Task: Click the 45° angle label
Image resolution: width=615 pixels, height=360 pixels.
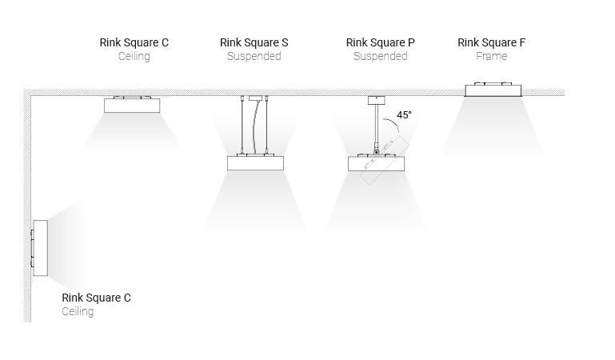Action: (404, 115)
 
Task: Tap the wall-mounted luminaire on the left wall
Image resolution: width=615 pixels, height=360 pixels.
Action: (41, 248)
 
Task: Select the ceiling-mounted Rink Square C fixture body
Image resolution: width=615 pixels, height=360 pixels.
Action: (132, 106)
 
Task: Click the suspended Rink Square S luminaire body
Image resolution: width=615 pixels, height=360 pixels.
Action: (255, 163)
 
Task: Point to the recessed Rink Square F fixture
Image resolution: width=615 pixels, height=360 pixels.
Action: (493, 90)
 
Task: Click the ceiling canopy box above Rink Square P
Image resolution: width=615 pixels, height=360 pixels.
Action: (376, 100)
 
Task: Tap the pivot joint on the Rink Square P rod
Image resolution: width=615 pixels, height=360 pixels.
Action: (376, 152)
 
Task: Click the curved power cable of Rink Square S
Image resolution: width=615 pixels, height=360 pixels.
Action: (256, 127)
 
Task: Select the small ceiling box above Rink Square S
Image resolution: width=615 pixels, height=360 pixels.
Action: (255, 98)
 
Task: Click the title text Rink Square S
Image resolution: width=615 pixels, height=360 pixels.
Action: (254, 42)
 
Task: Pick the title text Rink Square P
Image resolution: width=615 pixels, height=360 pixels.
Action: (380, 42)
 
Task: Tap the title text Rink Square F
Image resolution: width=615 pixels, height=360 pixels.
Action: (492, 42)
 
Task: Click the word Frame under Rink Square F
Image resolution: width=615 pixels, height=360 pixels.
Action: (492, 56)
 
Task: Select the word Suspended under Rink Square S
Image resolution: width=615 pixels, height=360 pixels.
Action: (254, 57)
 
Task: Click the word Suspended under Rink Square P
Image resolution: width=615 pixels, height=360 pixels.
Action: (380, 57)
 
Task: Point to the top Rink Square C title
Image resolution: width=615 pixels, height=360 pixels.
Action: (134, 42)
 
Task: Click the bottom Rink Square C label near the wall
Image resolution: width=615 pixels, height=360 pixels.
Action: (96, 298)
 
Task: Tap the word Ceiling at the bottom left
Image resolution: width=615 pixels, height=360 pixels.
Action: (78, 311)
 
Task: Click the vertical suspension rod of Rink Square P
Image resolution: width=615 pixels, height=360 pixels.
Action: (376, 126)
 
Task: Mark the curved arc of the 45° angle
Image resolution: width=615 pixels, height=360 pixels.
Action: (393, 123)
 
